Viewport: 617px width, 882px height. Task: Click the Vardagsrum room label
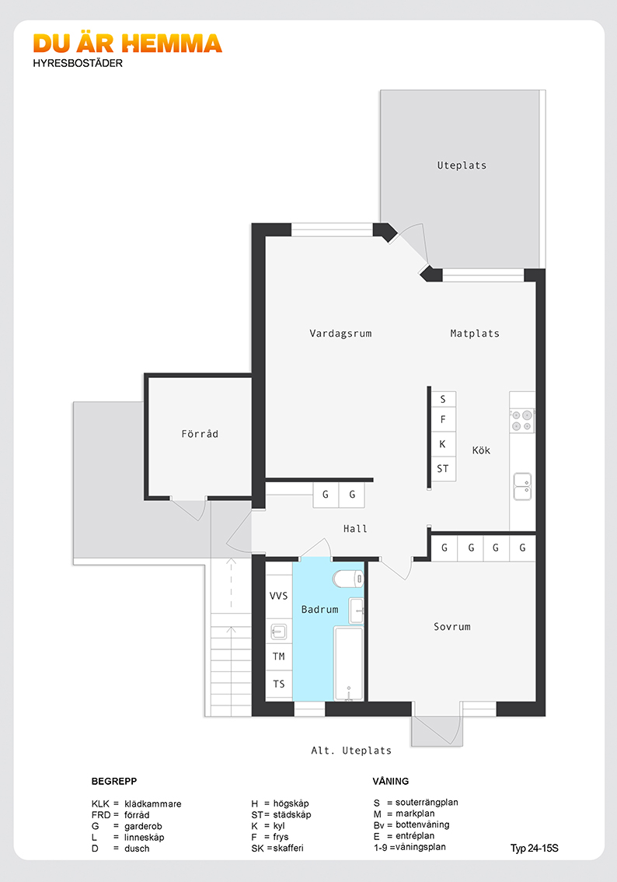(x=340, y=334)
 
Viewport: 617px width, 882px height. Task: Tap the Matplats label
(x=475, y=334)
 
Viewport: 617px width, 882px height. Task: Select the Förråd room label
(x=200, y=434)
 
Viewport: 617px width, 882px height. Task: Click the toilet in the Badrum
(x=348, y=578)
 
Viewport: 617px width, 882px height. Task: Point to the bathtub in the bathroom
(x=349, y=663)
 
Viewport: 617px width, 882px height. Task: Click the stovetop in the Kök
(x=522, y=421)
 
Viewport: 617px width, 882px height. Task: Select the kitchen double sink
(x=522, y=487)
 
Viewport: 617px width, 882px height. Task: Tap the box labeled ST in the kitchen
(x=443, y=468)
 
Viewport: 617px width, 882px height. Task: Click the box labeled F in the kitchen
(x=443, y=419)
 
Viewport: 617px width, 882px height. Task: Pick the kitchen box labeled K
(x=443, y=444)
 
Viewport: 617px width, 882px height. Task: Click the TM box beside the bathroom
(x=279, y=656)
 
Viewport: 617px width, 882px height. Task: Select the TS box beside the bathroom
(x=279, y=684)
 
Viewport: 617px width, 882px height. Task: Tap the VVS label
(x=279, y=596)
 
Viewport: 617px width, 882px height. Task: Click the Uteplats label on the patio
(x=462, y=166)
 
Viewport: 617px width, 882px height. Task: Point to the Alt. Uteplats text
(x=351, y=751)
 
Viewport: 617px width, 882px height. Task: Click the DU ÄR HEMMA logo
(x=127, y=44)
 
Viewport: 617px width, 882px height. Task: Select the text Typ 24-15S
(x=535, y=849)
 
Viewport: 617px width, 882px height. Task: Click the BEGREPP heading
(x=114, y=782)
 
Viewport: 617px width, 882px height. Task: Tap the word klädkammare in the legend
(x=153, y=803)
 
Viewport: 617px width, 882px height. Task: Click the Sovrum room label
(x=452, y=627)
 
